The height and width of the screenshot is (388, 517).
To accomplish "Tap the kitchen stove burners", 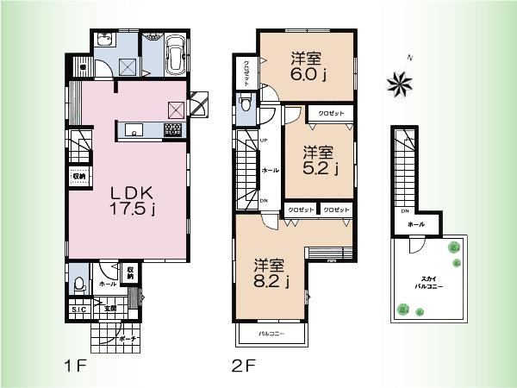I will pyautogui.click(x=172, y=130).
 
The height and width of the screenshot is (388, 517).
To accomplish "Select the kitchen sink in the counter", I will pyautogui.click(x=134, y=130).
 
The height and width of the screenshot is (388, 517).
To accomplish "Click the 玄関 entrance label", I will pyautogui.click(x=110, y=308).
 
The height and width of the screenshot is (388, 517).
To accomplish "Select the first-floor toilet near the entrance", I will pyautogui.click(x=78, y=284).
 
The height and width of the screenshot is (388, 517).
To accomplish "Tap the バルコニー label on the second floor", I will pyautogui.click(x=272, y=333).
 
